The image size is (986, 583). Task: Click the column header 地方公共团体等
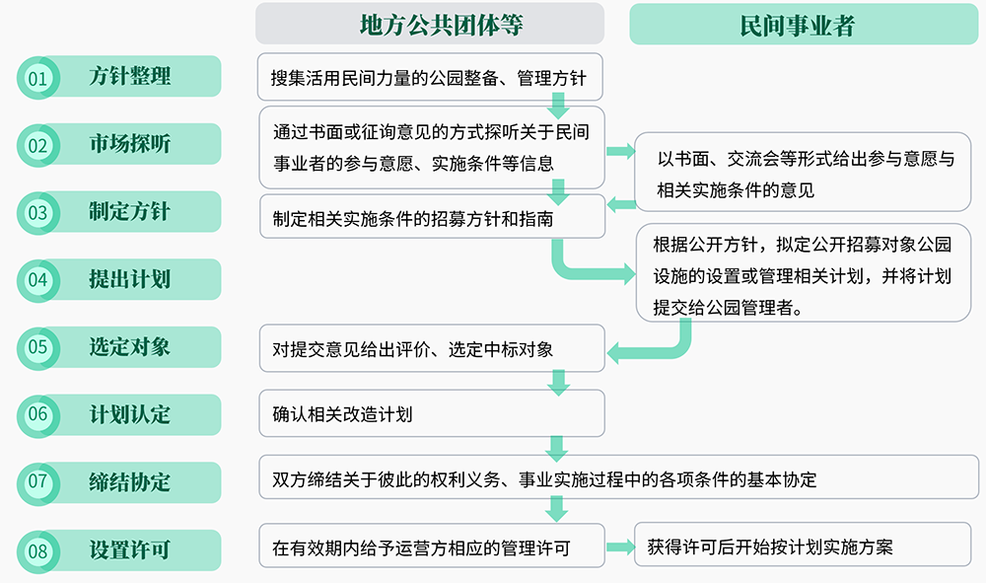(430, 24)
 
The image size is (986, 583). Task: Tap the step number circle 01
(37, 78)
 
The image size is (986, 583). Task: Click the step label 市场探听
(130, 144)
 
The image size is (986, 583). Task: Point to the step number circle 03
(37, 212)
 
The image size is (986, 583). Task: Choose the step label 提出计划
(130, 279)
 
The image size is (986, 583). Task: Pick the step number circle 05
(37, 347)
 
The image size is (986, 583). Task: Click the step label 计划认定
(130, 414)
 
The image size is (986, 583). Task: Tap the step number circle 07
(37, 482)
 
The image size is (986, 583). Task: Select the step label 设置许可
(130, 549)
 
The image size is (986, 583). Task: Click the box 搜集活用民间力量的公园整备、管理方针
(431, 77)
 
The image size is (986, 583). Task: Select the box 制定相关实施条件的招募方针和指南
(431, 218)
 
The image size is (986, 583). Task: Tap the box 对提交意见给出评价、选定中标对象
(431, 348)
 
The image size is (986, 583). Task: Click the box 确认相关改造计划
(431, 414)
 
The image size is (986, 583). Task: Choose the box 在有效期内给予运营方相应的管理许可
(431, 547)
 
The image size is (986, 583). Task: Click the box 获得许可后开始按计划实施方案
(802, 547)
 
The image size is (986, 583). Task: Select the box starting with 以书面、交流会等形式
(802, 172)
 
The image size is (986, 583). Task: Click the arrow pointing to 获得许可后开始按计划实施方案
(619, 547)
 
